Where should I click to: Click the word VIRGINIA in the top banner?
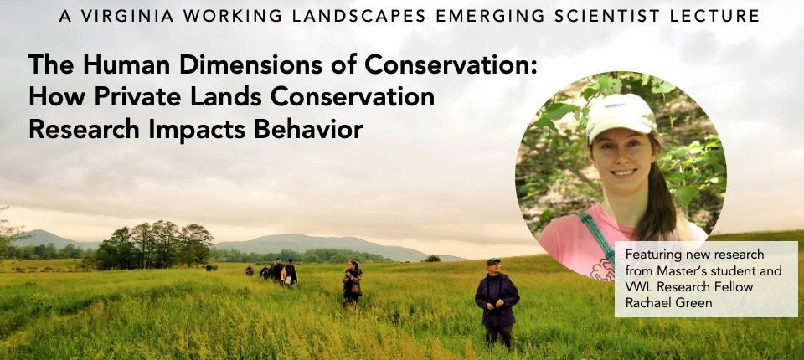coord(128,16)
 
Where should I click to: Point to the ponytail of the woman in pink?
coord(659,195)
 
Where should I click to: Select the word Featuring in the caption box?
coord(648,255)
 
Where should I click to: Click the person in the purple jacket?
coord(497,302)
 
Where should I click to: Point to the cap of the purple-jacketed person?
coord(493,261)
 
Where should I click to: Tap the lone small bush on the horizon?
coord(432,258)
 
